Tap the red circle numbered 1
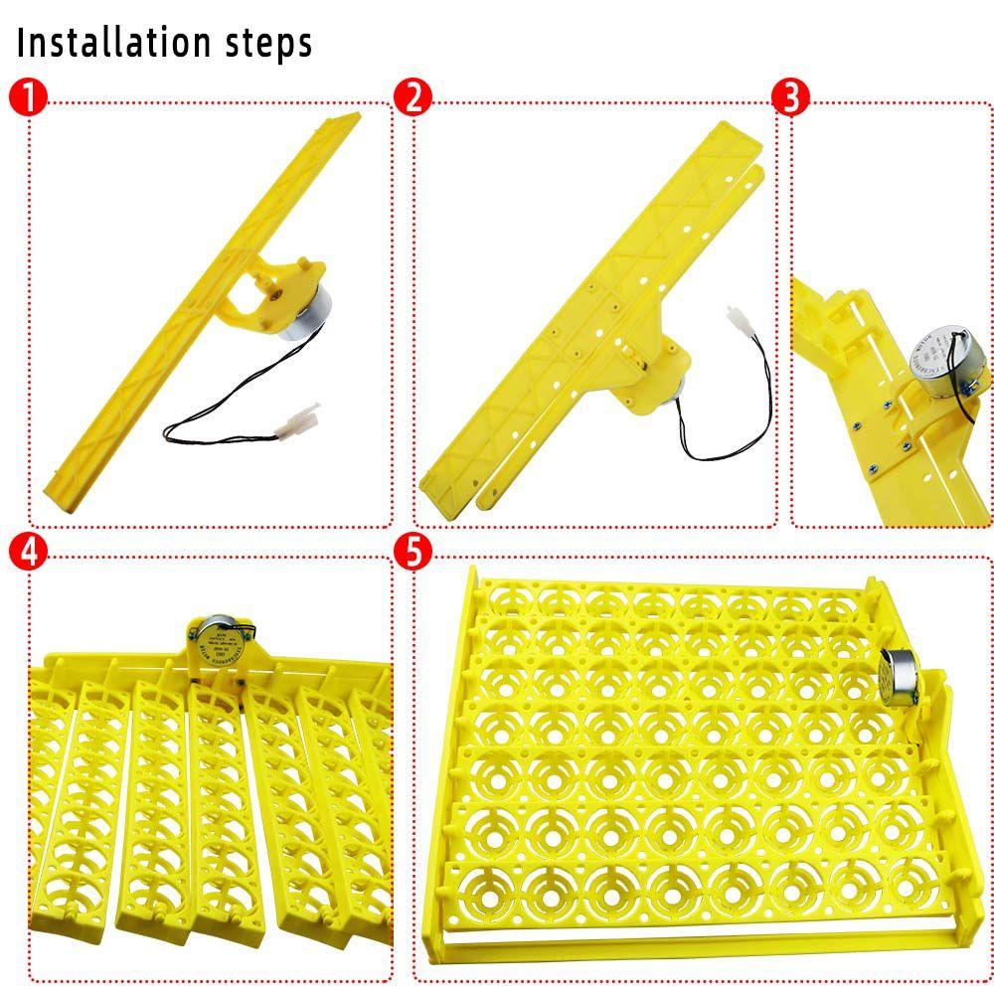coord(31,97)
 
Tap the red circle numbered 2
coord(413,97)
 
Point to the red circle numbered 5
coord(413,553)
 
